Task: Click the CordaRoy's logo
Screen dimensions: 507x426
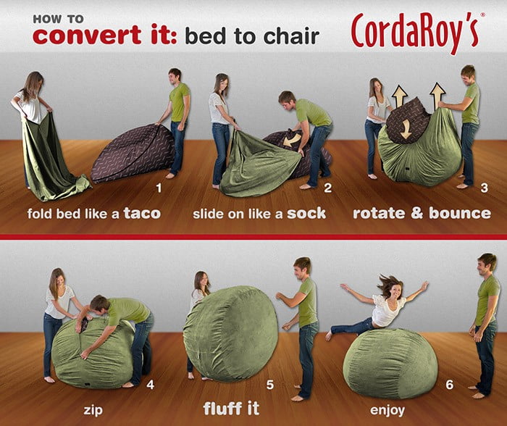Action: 418,33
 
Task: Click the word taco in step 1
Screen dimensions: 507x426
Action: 142,213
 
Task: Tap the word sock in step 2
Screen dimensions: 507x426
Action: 306,213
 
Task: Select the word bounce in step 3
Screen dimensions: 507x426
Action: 460,213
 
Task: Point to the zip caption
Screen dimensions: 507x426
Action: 93,410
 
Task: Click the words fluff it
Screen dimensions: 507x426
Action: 231,408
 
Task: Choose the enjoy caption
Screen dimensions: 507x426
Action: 387,410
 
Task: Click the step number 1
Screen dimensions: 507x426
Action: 159,188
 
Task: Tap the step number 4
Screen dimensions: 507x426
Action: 150,385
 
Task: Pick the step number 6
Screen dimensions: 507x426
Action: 450,385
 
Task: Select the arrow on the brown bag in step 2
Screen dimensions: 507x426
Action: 292,140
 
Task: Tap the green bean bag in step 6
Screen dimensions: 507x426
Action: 390,364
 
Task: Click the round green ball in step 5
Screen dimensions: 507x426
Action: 230,334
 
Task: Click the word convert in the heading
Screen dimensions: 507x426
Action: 87,35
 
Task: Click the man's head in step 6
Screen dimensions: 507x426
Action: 487,264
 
